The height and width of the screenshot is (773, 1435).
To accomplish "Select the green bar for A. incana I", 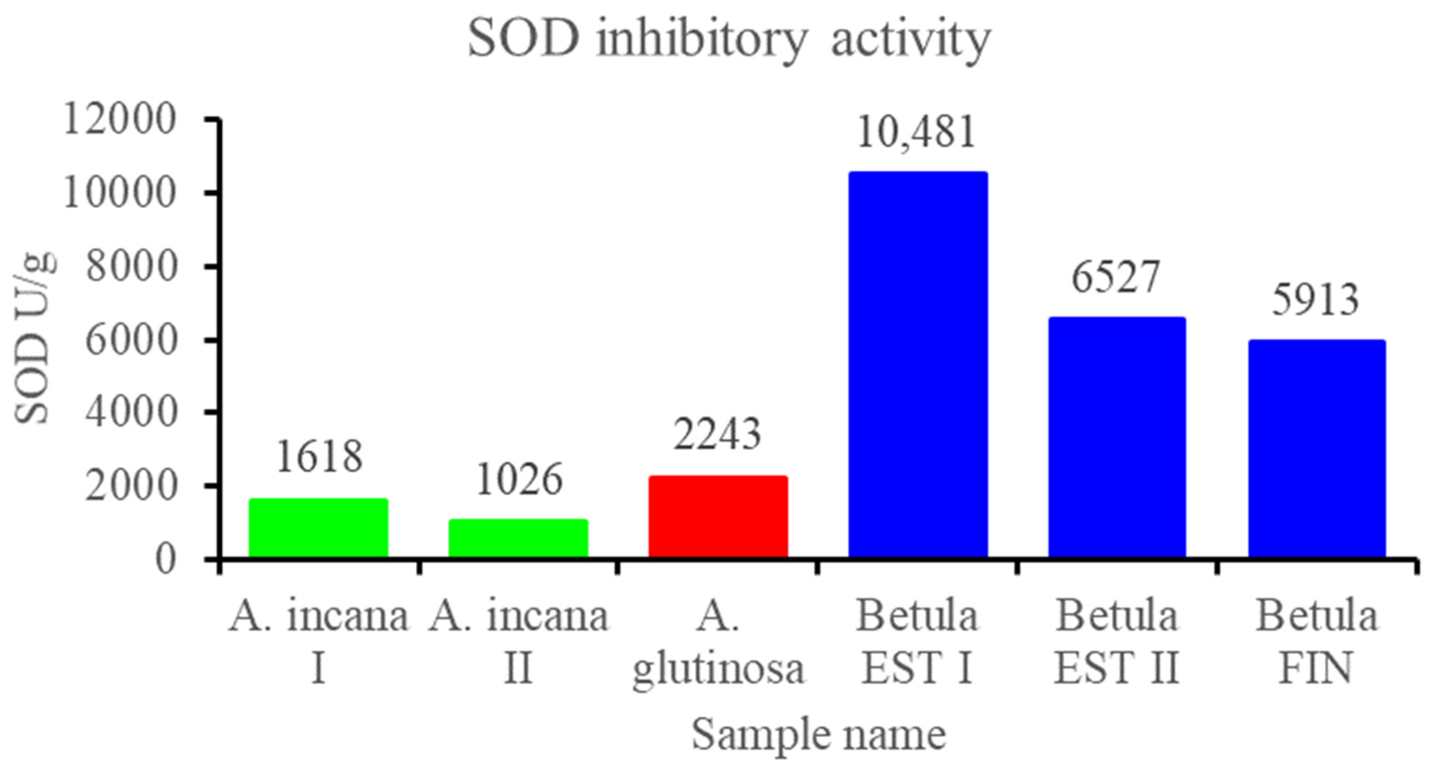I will tap(318, 528).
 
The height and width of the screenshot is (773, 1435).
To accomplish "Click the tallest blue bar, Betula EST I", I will tap(918, 365).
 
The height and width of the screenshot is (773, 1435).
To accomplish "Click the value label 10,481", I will tap(916, 133).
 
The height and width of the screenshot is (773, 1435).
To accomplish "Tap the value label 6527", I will tap(1116, 277).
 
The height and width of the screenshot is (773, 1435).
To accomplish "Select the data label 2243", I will tap(717, 435).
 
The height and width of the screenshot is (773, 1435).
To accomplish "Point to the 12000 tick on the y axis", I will tap(120, 120).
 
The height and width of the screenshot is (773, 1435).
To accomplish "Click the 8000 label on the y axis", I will tap(131, 267).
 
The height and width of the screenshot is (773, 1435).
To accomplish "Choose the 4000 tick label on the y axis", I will tap(131, 412).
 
